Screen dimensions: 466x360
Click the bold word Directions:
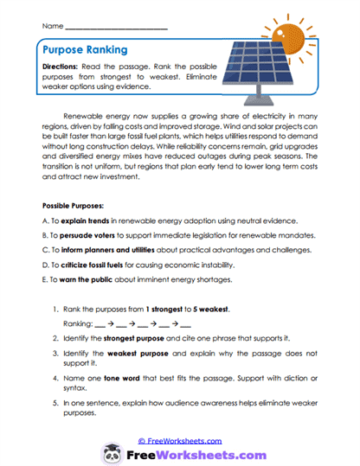click(x=65, y=67)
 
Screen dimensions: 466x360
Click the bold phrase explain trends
click(x=82, y=221)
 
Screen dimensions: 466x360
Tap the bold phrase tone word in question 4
click(x=114, y=381)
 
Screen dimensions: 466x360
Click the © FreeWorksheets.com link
click(x=180, y=439)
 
